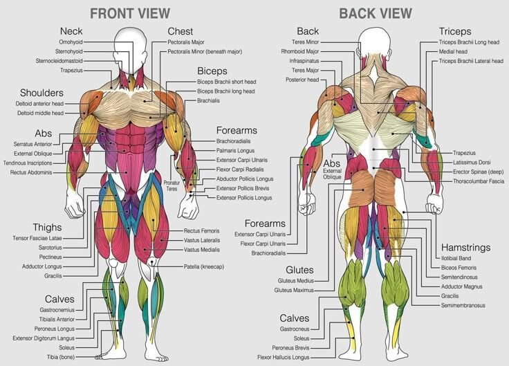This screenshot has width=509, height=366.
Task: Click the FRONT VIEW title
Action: click(130, 14)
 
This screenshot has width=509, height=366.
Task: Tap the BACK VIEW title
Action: click(376, 14)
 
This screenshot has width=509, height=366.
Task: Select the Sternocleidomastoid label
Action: click(59, 61)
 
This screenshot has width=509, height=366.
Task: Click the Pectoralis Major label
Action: click(186, 42)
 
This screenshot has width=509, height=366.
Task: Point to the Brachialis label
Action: click(208, 101)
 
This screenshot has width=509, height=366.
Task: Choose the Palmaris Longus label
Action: click(235, 150)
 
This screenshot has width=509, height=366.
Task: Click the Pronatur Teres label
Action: click(172, 185)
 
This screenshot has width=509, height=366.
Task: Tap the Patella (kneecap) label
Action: click(204, 266)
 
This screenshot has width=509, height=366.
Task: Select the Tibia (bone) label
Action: click(61, 357)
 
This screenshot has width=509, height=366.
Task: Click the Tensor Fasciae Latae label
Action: click(37, 238)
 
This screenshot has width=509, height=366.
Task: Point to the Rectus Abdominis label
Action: click(31, 172)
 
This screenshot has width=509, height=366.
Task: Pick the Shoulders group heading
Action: click(41, 93)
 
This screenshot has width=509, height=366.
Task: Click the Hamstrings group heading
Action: click(466, 248)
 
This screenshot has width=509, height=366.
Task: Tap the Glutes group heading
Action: click(299, 270)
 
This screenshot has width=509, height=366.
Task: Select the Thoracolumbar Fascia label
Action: click(479, 181)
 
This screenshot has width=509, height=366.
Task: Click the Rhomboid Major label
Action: click(300, 51)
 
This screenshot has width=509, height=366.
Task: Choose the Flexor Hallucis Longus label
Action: click(284, 357)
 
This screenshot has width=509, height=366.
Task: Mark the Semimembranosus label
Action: click(463, 305)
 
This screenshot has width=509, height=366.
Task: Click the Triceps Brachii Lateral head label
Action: click(471, 61)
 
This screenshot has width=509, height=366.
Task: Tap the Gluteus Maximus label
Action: click(294, 290)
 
